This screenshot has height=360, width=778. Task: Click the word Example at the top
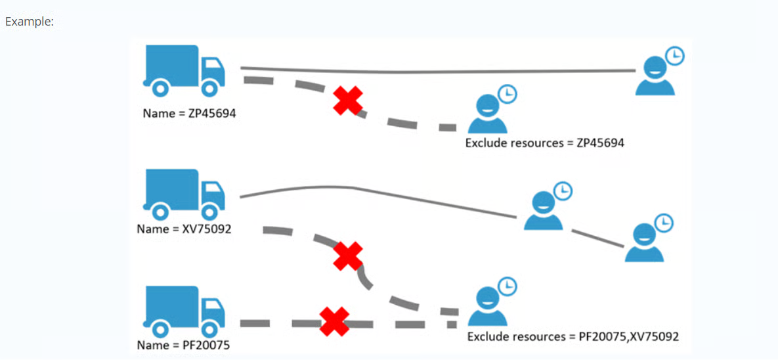tap(29, 21)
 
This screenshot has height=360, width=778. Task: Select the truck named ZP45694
tap(183, 70)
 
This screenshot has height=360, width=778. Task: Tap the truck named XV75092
tap(183, 193)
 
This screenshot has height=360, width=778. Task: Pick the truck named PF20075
tap(183, 310)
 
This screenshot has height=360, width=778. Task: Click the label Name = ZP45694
tap(189, 113)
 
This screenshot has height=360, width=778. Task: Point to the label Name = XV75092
tap(183, 229)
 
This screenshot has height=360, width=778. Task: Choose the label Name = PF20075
tap(183, 345)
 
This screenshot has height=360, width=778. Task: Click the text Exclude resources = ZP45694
tap(544, 143)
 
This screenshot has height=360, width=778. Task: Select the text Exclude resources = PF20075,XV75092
tap(573, 336)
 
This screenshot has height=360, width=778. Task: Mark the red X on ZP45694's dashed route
tap(348, 101)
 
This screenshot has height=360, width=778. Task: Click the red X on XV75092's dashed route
tap(347, 256)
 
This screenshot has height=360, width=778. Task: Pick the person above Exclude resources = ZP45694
tap(487, 114)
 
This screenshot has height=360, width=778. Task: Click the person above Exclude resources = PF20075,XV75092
tap(487, 307)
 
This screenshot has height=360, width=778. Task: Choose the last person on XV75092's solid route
tap(644, 243)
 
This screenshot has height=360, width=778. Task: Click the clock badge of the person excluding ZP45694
tap(507, 94)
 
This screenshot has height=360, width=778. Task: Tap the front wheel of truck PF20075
tap(209, 328)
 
